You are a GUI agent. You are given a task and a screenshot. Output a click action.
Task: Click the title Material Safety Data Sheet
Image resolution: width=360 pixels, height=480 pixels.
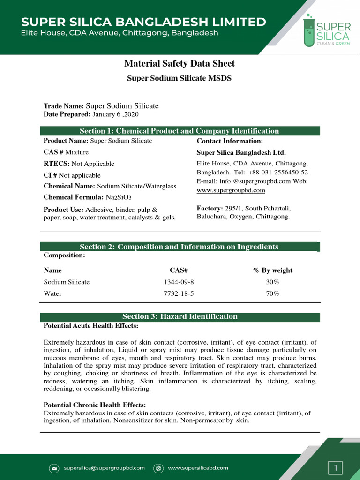tap(180, 64)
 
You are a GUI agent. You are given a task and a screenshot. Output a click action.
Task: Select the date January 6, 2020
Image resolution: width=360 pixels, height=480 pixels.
tap(115, 114)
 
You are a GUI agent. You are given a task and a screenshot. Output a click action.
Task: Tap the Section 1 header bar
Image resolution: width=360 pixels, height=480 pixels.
tap(180, 131)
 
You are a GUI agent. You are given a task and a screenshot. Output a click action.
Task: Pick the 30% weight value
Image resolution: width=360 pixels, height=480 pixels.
tap(272, 282)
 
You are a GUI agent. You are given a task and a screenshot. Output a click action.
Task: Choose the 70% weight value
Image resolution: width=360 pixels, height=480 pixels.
tap(272, 293)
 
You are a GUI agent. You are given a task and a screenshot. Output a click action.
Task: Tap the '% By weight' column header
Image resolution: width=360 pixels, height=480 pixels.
tap(272, 270)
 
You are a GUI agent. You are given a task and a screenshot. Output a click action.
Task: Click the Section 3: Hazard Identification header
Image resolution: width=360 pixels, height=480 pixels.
tap(180, 317)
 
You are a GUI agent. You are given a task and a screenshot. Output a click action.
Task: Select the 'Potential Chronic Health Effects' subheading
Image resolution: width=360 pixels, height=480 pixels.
tap(95, 405)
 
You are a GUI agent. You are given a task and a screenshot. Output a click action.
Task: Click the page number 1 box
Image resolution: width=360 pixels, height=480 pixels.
tap(335, 467)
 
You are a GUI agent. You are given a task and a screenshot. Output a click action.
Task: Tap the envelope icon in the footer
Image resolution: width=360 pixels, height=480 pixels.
tap(54, 468)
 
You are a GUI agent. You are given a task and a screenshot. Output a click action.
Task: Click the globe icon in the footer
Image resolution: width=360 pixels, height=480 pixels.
tap(158, 468)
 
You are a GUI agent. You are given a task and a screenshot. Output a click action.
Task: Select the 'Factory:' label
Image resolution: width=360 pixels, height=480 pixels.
tap(210, 208)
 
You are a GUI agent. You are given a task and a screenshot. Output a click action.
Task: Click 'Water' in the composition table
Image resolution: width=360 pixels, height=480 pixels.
tap(52, 293)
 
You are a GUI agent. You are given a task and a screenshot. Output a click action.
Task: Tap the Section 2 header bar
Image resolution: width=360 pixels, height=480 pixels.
tap(179, 247)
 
